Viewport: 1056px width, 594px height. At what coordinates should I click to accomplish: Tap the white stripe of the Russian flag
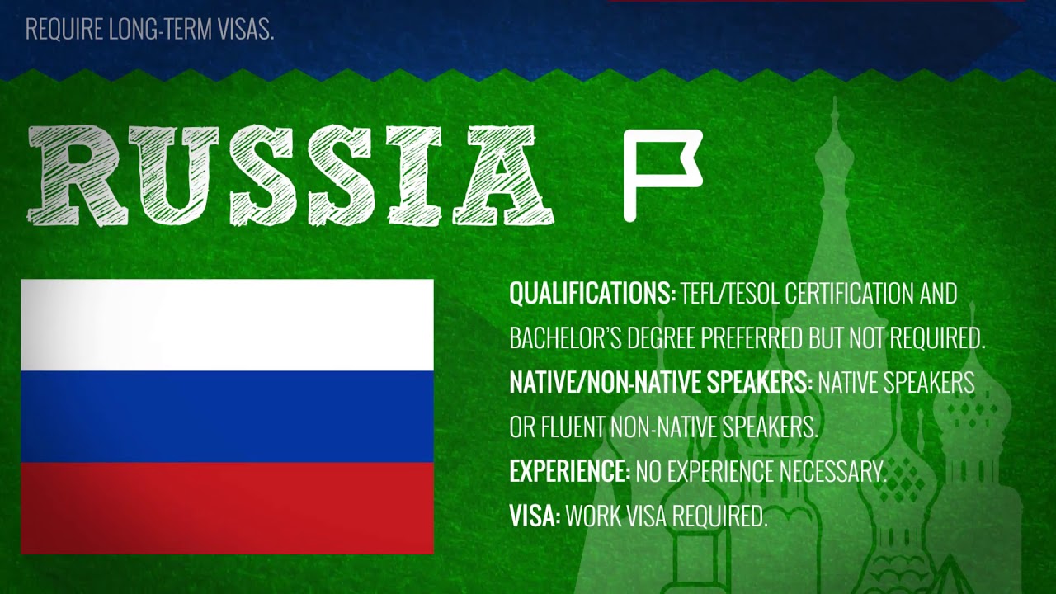pyautogui.click(x=227, y=325)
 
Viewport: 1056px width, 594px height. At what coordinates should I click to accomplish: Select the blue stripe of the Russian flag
pyautogui.click(x=227, y=417)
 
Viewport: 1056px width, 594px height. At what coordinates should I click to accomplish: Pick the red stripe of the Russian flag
pyautogui.click(x=227, y=507)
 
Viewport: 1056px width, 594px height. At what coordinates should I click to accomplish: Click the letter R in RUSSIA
pyautogui.click(x=78, y=176)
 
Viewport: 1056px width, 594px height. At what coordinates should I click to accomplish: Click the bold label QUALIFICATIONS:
pyautogui.click(x=592, y=293)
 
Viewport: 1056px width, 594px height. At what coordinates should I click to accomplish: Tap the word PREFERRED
pyautogui.click(x=752, y=337)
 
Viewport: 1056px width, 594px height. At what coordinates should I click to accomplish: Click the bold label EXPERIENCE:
pyautogui.click(x=569, y=470)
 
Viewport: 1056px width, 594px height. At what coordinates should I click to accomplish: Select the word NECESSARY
pyautogui.click(x=833, y=470)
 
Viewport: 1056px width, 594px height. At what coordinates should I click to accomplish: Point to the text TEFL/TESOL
pyautogui.click(x=731, y=293)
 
